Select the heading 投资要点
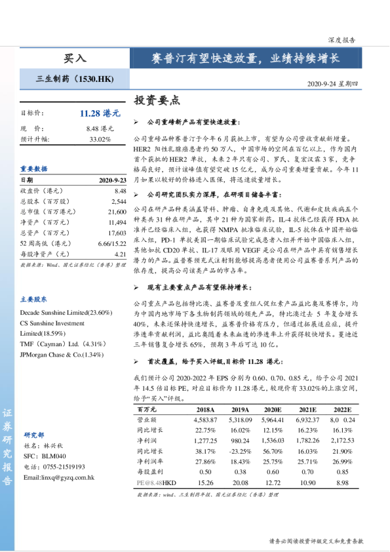pyautogui.click(x=157, y=101)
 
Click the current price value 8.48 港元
pyautogui.click(x=100, y=128)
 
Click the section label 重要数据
pyautogui.click(x=33, y=168)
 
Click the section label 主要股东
pyautogui.click(x=33, y=298)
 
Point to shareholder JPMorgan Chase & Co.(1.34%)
pyautogui.click(x=62, y=355)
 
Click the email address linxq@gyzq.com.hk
pyautogui.click(x=59, y=477)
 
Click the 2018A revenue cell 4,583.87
pyautogui.click(x=206, y=419)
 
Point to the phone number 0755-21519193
pyautogui.click(x=64, y=466)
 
